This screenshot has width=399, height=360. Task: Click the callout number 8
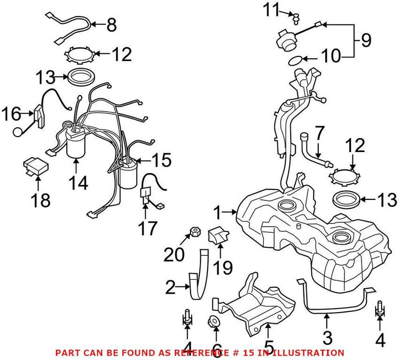111,24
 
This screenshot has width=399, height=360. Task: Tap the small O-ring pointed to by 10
295,61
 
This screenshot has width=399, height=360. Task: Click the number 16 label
12,115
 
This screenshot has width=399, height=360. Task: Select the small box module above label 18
35,164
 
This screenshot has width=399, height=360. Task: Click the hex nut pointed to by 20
195,231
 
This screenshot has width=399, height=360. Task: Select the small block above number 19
218,235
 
